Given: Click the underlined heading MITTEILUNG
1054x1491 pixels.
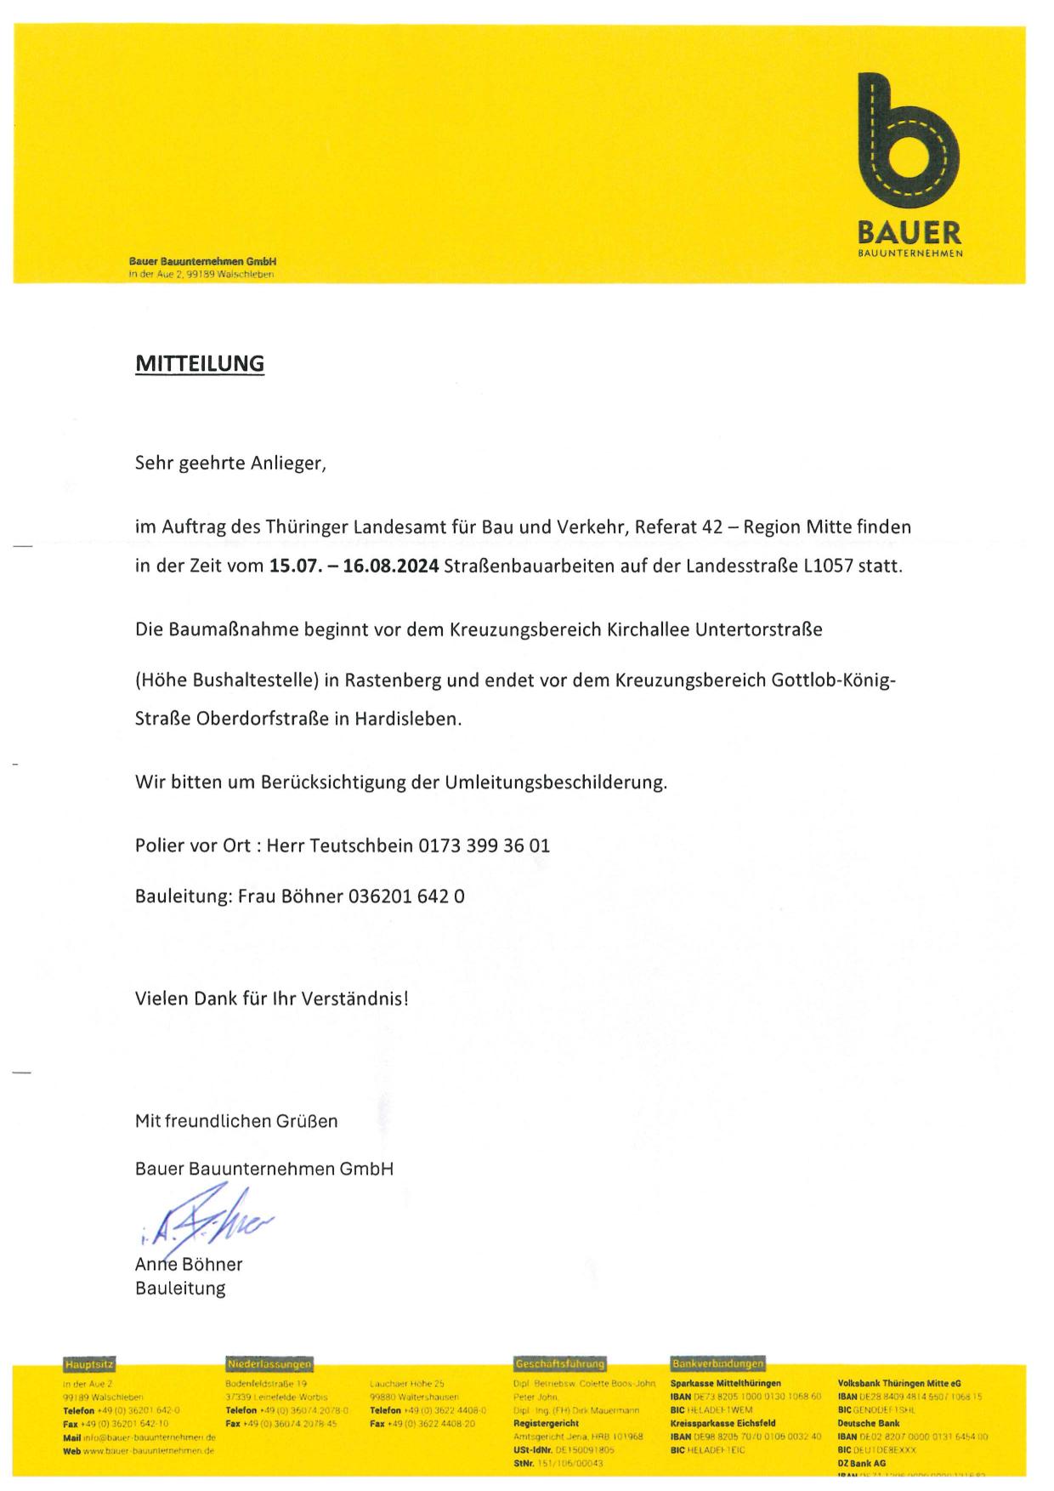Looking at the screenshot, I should pos(200,364).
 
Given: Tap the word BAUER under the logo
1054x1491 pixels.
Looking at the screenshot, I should pos(909,232).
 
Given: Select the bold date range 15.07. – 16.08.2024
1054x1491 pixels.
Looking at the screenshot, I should pos(354,566).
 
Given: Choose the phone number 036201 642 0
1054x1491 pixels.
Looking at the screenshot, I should pos(406,896).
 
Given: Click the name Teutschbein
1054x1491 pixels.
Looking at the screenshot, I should pos(362,846).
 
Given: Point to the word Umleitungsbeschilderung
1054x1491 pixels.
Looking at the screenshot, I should pos(554,782).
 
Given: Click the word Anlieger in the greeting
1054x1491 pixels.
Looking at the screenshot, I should pos(289,464).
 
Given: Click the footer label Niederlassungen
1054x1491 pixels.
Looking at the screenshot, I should pos(269,1364).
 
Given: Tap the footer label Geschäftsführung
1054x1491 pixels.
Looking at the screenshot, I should pos(559,1364).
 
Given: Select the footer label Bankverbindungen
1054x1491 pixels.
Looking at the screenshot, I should pos(717,1364).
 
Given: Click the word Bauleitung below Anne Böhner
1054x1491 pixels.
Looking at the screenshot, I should pos(180,1289).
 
